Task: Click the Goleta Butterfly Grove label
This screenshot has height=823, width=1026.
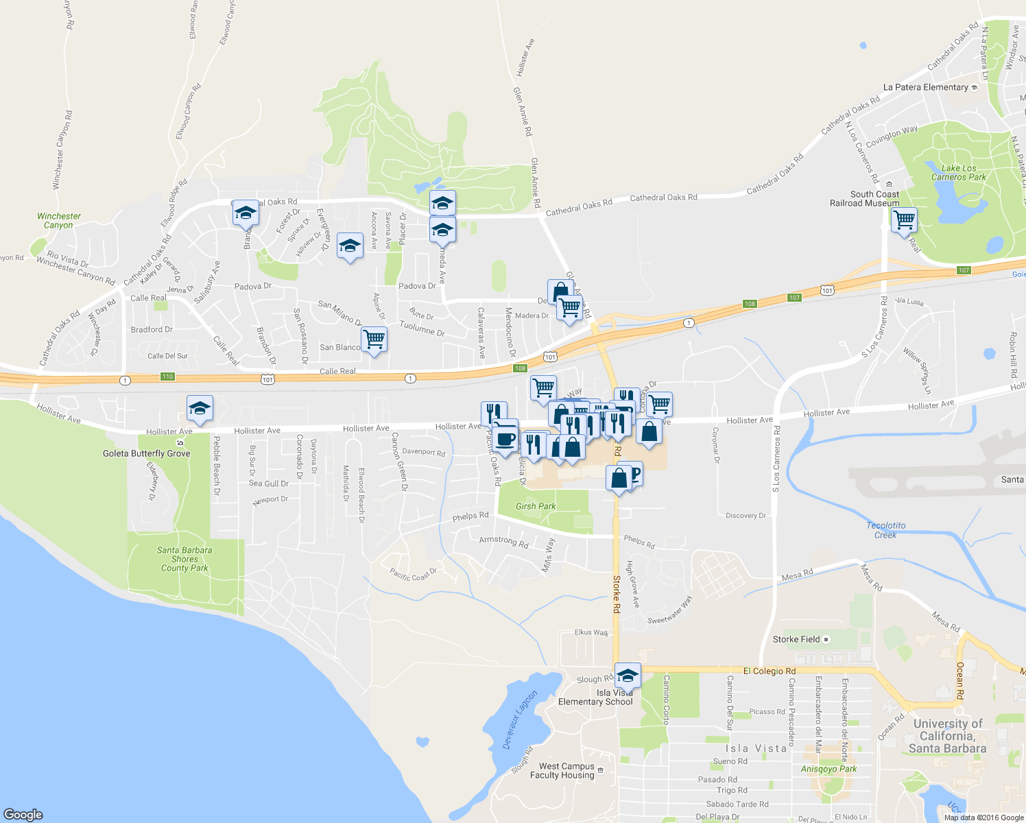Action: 146,453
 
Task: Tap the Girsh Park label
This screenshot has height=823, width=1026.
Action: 536,506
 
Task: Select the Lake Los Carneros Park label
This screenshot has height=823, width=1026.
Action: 958,173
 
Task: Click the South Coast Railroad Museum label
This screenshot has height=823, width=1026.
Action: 864,199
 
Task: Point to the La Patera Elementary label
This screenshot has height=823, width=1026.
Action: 925,87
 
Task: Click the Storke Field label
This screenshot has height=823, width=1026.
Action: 796,639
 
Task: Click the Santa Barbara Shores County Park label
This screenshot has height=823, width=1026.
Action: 184,559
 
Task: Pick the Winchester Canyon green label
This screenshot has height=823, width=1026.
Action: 59,220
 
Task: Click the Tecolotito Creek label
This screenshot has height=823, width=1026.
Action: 885,530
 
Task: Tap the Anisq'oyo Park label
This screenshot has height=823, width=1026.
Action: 828,769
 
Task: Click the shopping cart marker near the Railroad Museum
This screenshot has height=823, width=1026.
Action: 904,220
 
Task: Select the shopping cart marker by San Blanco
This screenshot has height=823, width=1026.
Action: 374,339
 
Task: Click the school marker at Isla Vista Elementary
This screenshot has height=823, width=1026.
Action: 628,676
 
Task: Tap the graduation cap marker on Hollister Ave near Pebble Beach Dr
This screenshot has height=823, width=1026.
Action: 200,408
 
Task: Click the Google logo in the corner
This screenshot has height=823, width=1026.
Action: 23,814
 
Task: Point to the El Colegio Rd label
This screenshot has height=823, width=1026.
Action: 769,671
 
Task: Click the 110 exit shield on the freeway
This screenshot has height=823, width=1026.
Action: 167,377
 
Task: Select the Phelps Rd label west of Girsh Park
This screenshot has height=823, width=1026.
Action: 470,516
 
